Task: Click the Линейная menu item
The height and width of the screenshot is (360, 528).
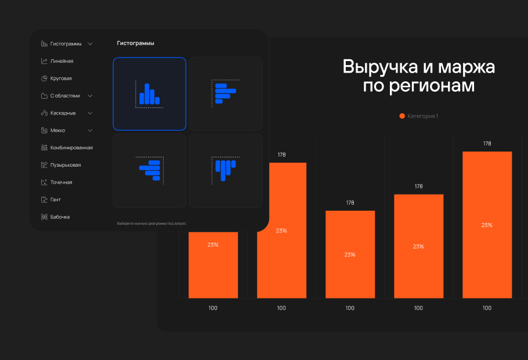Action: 62,61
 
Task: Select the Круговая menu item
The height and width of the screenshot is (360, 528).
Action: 61,78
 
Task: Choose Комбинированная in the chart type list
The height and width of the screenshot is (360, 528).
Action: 71,147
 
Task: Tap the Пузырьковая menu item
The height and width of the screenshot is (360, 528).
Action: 66,165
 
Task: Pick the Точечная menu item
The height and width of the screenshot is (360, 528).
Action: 61,182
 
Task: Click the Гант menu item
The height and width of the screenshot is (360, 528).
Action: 56,200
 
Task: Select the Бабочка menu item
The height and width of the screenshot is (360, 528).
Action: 60,217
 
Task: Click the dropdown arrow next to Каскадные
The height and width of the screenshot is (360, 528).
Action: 90,113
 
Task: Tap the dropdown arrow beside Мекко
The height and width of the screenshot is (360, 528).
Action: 90,131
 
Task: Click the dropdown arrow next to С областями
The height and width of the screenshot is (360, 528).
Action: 90,96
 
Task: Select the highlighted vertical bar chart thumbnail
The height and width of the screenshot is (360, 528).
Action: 150,94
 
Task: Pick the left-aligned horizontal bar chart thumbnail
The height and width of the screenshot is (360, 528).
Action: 225,94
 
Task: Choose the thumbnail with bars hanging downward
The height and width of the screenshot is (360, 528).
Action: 225,171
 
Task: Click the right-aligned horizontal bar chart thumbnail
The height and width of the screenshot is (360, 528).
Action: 150,171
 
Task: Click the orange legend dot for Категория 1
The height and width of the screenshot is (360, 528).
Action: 402,116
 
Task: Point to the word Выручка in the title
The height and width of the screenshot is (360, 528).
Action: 377,67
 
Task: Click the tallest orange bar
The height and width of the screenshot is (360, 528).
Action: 487,225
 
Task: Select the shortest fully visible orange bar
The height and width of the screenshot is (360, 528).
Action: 350,254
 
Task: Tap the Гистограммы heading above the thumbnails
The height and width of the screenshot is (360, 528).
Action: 135,44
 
